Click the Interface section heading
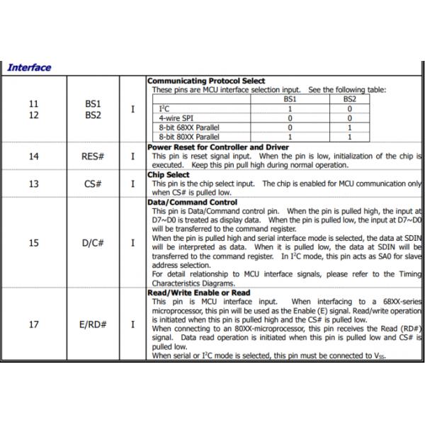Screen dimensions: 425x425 click(x=29, y=68)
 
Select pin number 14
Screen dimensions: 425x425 click(x=34, y=156)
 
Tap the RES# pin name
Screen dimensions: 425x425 click(x=93, y=156)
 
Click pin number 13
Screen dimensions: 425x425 click(x=34, y=184)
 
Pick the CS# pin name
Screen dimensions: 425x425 click(x=93, y=184)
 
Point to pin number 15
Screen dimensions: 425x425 click(x=34, y=242)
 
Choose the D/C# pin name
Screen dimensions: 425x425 click(x=93, y=242)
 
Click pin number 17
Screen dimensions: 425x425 click(x=34, y=324)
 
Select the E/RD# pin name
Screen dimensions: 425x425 click(x=93, y=324)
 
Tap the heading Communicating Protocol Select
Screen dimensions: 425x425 click(x=206, y=81)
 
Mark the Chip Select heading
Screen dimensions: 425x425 click(x=169, y=174)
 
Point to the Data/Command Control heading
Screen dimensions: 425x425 click(x=193, y=202)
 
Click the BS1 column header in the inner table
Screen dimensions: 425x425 click(x=290, y=100)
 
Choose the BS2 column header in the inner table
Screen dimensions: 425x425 click(x=349, y=100)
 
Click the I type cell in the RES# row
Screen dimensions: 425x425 click(x=132, y=156)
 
